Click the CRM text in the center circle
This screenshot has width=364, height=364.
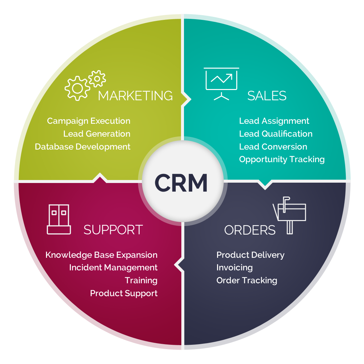pos(181,183)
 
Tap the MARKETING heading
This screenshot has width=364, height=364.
pos(135,96)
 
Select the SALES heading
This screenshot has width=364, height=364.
pos(267,96)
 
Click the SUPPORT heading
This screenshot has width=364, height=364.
pos(113,230)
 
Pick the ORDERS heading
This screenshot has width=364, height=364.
pos(250,230)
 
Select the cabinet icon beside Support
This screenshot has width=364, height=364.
pos(59,219)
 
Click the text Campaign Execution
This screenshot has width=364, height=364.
pos(89,121)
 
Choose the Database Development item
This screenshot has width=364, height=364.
pos(83,147)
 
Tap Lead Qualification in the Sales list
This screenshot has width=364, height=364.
pos(276,134)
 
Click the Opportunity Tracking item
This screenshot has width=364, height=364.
pos(282,159)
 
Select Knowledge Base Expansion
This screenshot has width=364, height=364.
pos(101,255)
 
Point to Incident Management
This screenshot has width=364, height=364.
pos(113,268)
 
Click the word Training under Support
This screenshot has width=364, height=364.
pos(141,281)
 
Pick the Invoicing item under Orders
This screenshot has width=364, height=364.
pos(234,268)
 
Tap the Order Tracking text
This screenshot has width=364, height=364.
pos(247,281)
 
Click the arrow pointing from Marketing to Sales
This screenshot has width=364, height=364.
pos(187,99)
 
